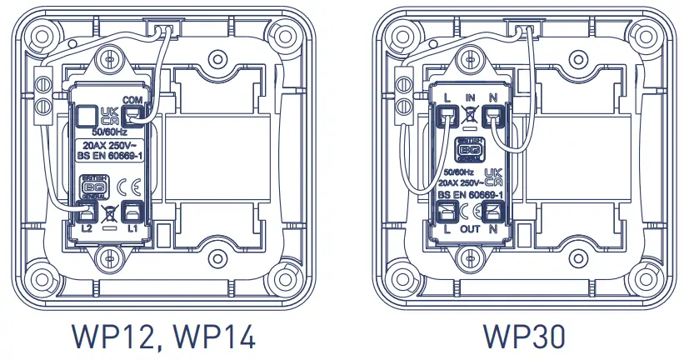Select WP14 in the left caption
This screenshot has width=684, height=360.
[x=209, y=337]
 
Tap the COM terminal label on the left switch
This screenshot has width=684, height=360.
[x=132, y=100]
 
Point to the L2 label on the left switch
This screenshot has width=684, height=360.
[x=86, y=226]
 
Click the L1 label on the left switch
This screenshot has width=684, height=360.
[x=132, y=226]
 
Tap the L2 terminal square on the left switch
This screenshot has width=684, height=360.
[x=87, y=209]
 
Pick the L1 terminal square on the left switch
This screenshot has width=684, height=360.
[x=132, y=209]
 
